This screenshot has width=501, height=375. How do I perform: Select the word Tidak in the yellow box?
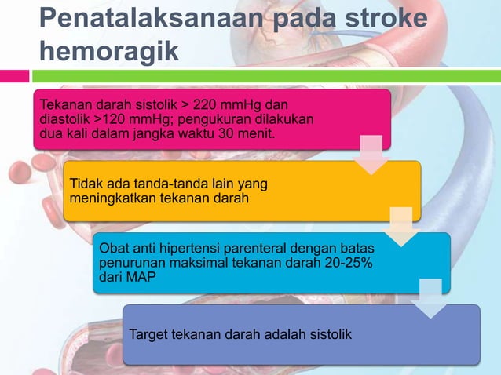pyautogui.click(x=86, y=184)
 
